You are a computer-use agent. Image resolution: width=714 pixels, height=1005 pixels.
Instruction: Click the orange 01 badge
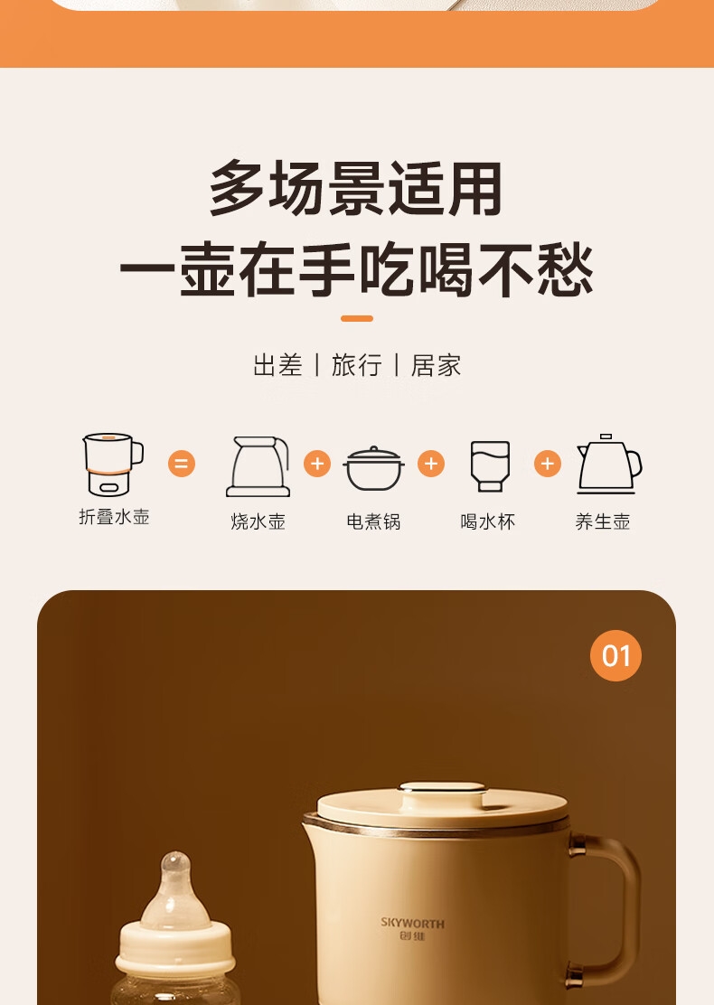click(x=615, y=655)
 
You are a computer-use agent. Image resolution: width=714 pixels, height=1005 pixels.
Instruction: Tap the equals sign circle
click(x=182, y=464)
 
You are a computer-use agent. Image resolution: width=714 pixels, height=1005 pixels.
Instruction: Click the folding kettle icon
click(x=113, y=465)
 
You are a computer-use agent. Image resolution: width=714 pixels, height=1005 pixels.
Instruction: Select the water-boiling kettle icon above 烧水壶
click(x=258, y=466)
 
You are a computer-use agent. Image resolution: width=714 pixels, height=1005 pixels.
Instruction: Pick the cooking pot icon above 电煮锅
click(x=373, y=468)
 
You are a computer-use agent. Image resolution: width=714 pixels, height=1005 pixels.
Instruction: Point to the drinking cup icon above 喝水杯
click(x=491, y=466)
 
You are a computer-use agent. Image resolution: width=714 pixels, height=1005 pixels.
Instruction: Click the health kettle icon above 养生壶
click(x=608, y=464)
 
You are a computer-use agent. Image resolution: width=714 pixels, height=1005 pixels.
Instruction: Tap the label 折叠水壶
click(x=114, y=517)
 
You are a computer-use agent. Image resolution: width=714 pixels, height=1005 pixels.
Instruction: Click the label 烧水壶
click(x=258, y=521)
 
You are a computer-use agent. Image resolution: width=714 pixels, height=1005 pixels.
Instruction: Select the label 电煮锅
click(x=373, y=521)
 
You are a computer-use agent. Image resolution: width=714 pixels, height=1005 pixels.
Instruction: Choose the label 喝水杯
click(x=488, y=521)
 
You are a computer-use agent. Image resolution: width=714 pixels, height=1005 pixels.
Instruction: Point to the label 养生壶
click(x=603, y=521)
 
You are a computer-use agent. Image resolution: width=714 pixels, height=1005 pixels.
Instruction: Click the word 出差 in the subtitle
click(x=277, y=365)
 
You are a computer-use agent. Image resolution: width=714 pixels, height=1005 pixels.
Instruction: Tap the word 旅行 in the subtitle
click(x=356, y=365)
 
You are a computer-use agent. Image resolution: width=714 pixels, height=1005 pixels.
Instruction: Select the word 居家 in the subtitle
click(x=436, y=365)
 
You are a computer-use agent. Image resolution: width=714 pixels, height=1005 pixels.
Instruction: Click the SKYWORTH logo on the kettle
click(x=412, y=929)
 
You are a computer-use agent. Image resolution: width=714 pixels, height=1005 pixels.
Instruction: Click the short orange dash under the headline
click(x=357, y=318)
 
